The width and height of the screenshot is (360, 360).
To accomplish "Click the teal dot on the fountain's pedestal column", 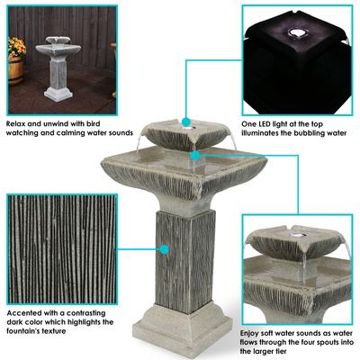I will [165, 247].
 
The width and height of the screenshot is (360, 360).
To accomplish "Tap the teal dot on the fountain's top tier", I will [184, 121].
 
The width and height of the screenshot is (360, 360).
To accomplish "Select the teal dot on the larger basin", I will [197, 156].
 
